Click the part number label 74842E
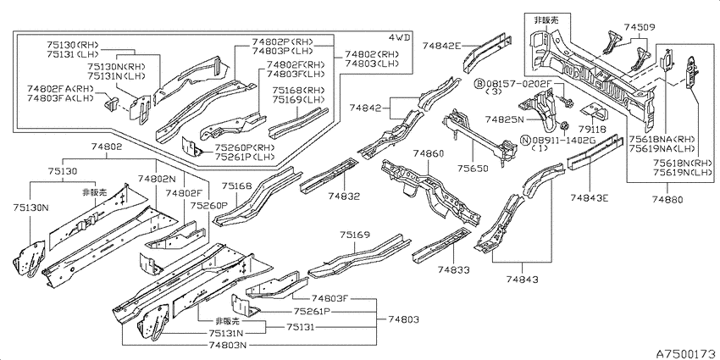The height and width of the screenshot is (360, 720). click(x=440, y=45)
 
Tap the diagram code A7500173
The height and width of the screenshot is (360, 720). click(x=685, y=353)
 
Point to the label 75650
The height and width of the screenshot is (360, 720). click(x=473, y=168)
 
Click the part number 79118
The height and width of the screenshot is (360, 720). click(x=592, y=130)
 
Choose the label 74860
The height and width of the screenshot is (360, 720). click(x=428, y=153)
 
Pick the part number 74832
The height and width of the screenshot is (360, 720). click(x=344, y=196)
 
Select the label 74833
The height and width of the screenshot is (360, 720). click(x=454, y=269)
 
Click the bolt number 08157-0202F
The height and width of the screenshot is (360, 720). click(x=518, y=84)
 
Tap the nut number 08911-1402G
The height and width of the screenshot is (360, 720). click(x=564, y=139)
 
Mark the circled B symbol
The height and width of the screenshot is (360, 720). click(x=479, y=84)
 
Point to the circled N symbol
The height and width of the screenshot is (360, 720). click(x=525, y=139)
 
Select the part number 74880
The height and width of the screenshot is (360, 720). click(x=667, y=199)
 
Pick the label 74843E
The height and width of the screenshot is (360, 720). click(x=590, y=197)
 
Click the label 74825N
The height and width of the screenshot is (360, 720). click(x=504, y=119)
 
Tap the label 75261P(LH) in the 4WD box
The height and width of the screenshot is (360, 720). click(x=245, y=157)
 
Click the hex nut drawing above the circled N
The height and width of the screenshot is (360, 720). click(x=565, y=125)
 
